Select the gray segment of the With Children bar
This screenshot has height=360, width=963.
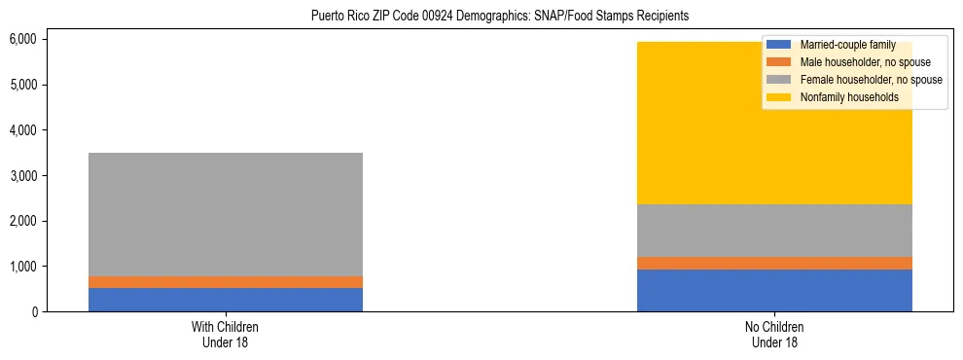[226, 214]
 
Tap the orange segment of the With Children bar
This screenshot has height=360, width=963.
[226, 282]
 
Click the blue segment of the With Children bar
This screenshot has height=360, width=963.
[226, 300]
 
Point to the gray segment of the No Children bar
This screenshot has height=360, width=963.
[774, 231]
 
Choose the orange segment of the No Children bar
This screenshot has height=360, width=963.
[774, 263]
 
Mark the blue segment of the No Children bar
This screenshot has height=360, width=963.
[774, 290]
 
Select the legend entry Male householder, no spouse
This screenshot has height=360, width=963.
[851, 62]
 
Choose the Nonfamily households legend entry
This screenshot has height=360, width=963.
[836, 97]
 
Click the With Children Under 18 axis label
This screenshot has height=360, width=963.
[226, 334]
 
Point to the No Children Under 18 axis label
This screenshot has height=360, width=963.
[774, 334]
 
